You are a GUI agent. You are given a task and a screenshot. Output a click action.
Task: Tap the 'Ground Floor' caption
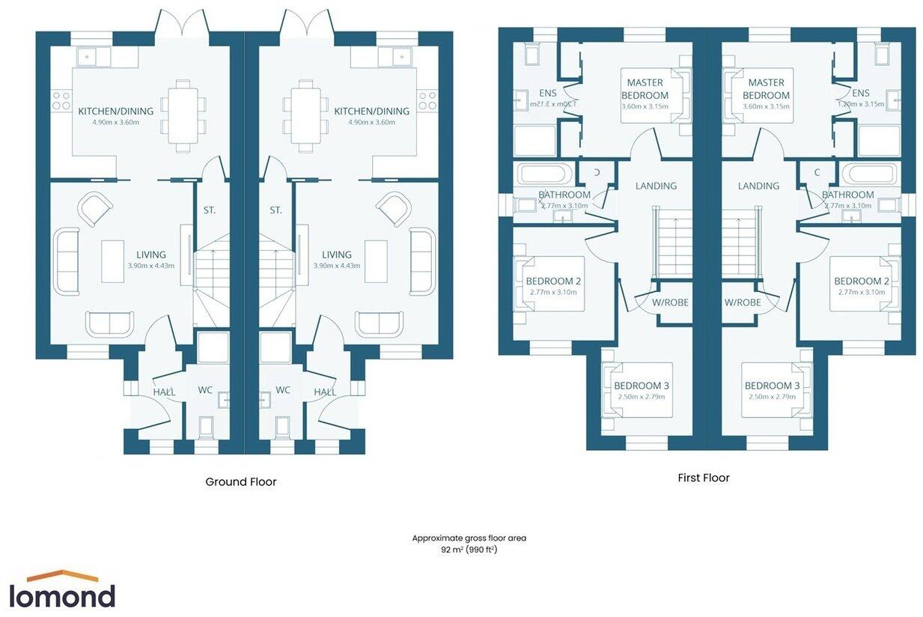tap(240, 481)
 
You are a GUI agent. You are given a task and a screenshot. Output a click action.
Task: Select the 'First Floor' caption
tap(703, 478)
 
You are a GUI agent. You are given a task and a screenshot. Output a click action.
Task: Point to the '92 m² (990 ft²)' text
tap(469, 549)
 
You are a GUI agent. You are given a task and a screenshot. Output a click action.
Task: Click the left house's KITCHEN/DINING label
tap(115, 112)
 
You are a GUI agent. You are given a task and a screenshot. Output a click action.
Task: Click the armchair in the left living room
tap(96, 209)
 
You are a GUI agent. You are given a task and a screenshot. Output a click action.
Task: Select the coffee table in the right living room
tap(375, 261)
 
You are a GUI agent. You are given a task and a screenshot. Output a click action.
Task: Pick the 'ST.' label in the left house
tap(210, 210)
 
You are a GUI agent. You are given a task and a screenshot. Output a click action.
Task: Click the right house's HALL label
tap(325, 392)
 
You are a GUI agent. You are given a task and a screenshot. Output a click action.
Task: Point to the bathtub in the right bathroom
tap(869, 174)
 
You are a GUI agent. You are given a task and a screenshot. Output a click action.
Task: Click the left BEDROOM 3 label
tap(641, 386)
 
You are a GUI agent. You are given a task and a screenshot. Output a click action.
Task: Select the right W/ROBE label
tap(743, 303)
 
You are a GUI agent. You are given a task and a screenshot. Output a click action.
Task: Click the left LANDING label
tap(656, 186)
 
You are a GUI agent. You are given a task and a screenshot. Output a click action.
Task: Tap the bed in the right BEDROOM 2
tap(862, 283)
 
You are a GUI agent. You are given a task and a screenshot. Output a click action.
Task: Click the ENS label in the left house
tap(547, 93)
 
